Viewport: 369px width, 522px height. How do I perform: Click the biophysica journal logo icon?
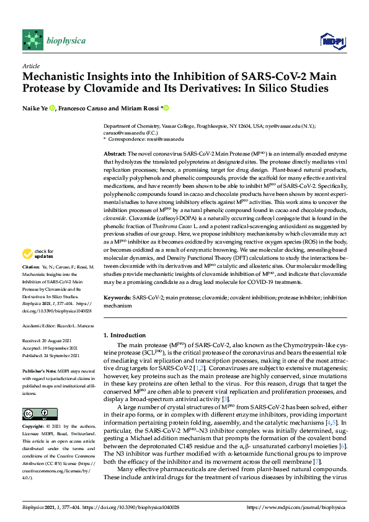coord(32,40)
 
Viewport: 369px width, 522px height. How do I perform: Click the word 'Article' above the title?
coord(30,65)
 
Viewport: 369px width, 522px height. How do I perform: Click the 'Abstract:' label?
coord(115,153)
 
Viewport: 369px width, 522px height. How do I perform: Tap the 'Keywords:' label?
coord(117,298)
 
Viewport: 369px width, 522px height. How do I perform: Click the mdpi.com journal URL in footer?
coord(296,507)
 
